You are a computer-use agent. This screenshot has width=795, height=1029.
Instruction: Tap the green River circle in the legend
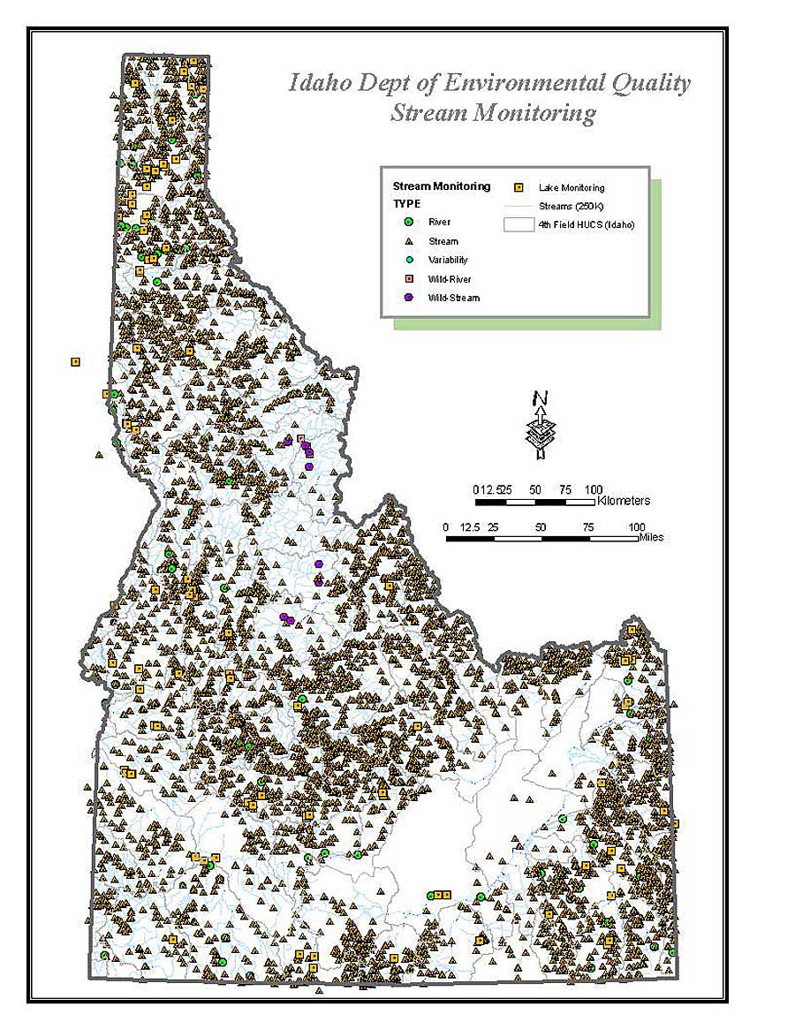pyautogui.click(x=408, y=222)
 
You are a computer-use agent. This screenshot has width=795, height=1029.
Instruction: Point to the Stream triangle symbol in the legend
pyautogui.click(x=408, y=241)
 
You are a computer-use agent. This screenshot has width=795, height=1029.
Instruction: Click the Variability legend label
pyautogui.click(x=448, y=260)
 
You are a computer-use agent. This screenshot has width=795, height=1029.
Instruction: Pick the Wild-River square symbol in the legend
pyautogui.click(x=408, y=279)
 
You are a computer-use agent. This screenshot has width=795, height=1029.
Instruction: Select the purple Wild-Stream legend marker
pyautogui.click(x=408, y=298)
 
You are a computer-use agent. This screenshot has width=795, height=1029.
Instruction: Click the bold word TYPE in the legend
pyautogui.click(x=407, y=203)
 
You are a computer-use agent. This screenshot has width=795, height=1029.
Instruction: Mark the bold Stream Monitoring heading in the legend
pyautogui.click(x=441, y=186)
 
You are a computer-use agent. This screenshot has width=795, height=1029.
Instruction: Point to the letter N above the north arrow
pyautogui.click(x=541, y=398)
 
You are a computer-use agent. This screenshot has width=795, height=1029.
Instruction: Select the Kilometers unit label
pyautogui.click(x=624, y=501)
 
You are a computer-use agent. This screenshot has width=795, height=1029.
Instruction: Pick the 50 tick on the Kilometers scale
pyautogui.click(x=534, y=489)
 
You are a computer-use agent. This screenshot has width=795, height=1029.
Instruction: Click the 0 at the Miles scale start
pyautogui.click(x=446, y=526)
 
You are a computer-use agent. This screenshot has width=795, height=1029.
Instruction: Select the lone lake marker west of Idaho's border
pyautogui.click(x=75, y=361)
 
